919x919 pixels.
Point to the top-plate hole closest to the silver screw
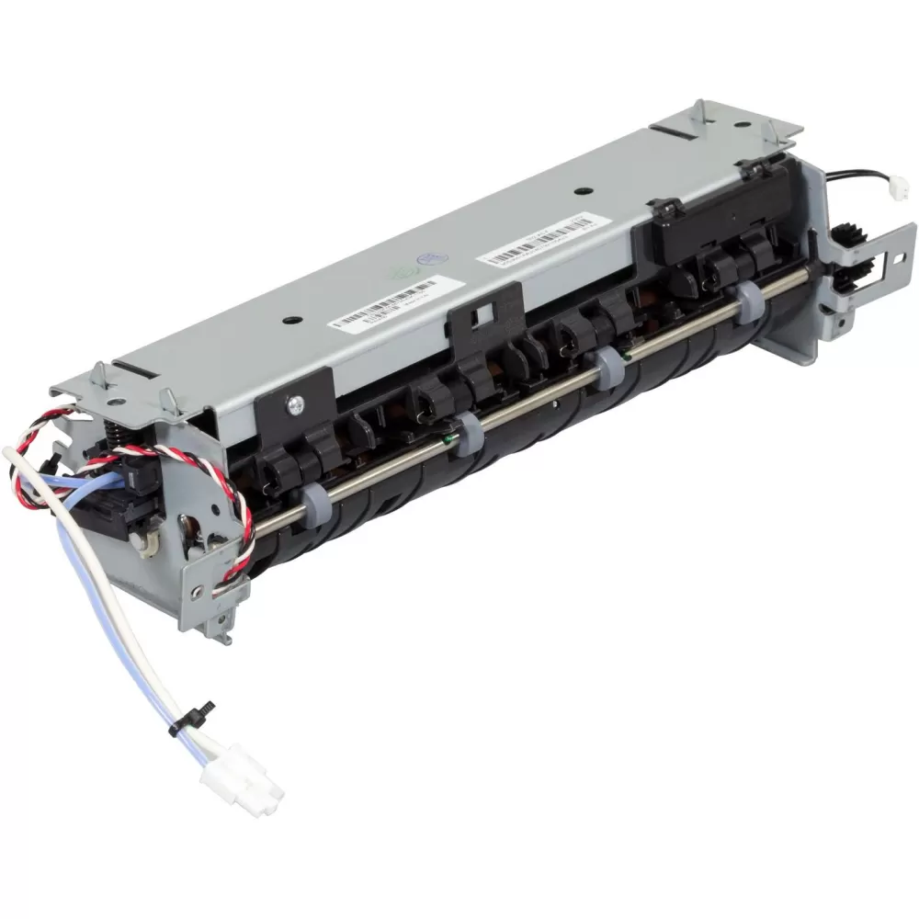point(292,320)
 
